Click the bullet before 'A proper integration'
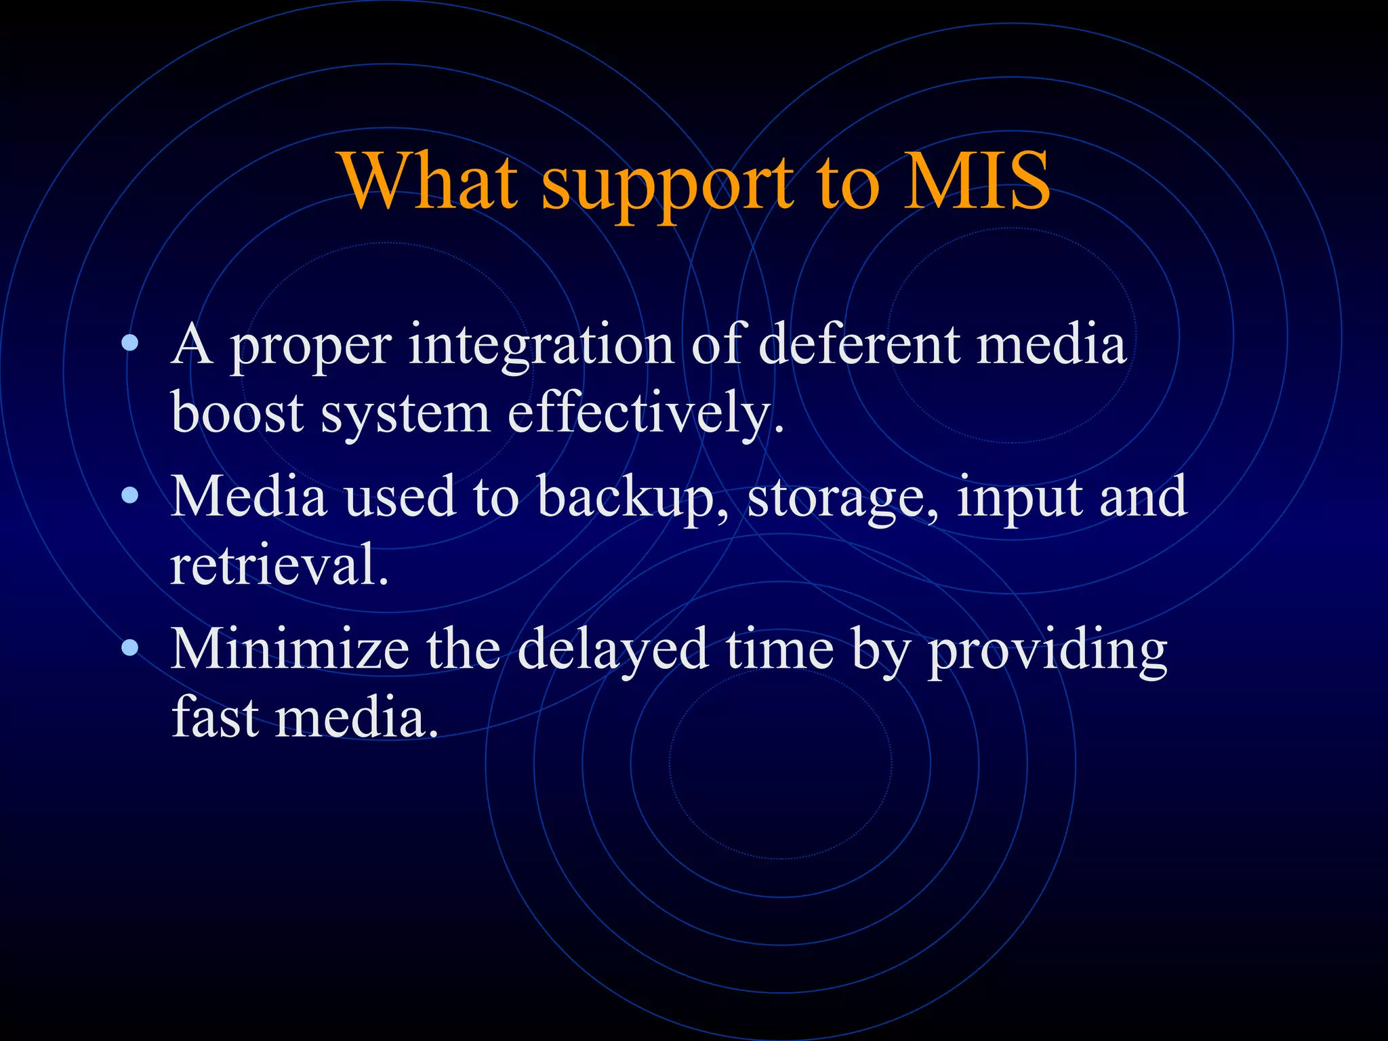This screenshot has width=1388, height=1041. [129, 344]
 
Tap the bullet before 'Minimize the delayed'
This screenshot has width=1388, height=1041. [129, 649]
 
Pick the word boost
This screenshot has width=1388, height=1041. [237, 413]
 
